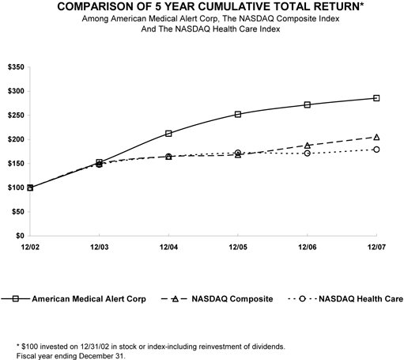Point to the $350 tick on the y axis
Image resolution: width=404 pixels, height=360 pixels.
14,66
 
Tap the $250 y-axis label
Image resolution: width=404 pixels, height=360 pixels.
14,115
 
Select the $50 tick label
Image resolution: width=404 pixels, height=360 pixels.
17,212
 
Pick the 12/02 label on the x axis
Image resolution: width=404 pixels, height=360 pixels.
30,248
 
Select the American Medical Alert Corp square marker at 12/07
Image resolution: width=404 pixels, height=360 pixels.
376,98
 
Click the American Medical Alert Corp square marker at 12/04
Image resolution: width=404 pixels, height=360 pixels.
168,134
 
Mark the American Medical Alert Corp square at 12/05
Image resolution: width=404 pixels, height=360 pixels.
238,114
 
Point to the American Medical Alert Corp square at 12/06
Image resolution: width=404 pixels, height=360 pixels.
308,104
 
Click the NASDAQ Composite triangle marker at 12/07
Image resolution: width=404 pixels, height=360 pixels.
376,137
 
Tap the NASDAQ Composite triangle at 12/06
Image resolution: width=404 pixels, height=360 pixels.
308,146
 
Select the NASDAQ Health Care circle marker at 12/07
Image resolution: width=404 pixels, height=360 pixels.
376,150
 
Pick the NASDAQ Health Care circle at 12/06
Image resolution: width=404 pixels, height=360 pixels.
308,153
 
